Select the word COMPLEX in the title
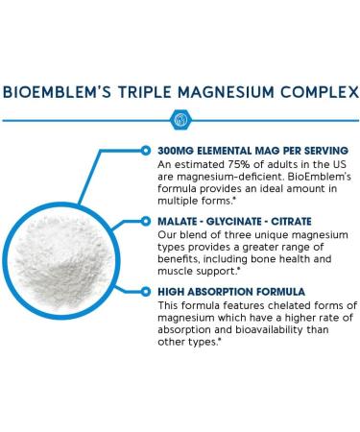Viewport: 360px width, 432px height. pyautogui.click(x=321, y=94)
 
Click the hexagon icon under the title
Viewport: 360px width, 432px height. pyautogui.click(x=180, y=121)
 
